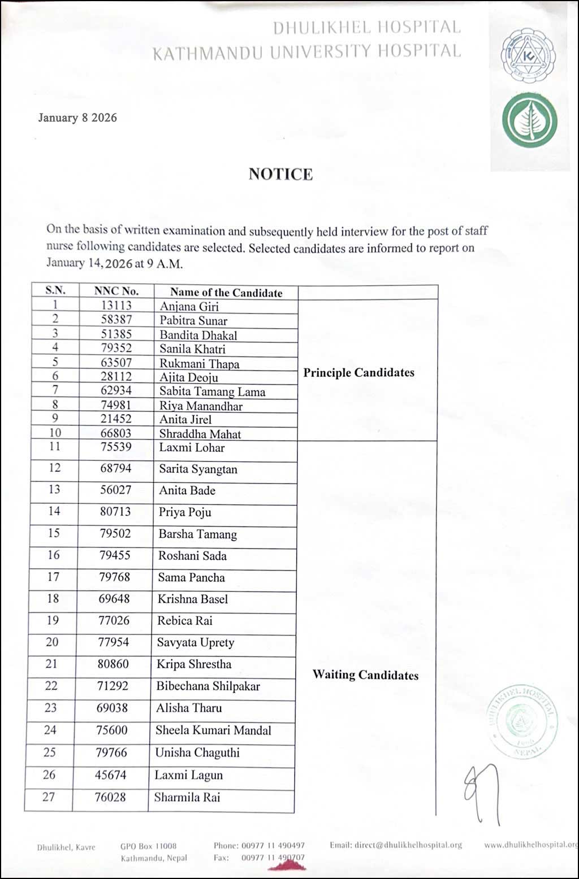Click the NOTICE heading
click(x=280, y=174)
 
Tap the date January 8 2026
click(x=77, y=118)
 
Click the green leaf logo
click(x=529, y=121)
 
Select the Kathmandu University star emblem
click(x=528, y=55)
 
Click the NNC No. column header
click(x=116, y=291)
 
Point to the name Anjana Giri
click(x=189, y=307)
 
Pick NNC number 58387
click(x=116, y=320)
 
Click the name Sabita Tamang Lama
click(x=212, y=391)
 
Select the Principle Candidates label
click(x=358, y=373)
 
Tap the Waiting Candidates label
click(x=365, y=675)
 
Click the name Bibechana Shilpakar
click(x=208, y=686)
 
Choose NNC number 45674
click(x=110, y=775)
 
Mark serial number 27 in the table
click(x=49, y=797)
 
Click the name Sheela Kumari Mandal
click(x=213, y=730)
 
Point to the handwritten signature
click(x=482, y=791)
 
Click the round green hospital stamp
click(x=521, y=720)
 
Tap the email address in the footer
click(x=396, y=845)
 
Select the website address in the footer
click(x=530, y=845)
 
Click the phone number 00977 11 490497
click(x=273, y=846)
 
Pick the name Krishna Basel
click(x=193, y=599)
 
